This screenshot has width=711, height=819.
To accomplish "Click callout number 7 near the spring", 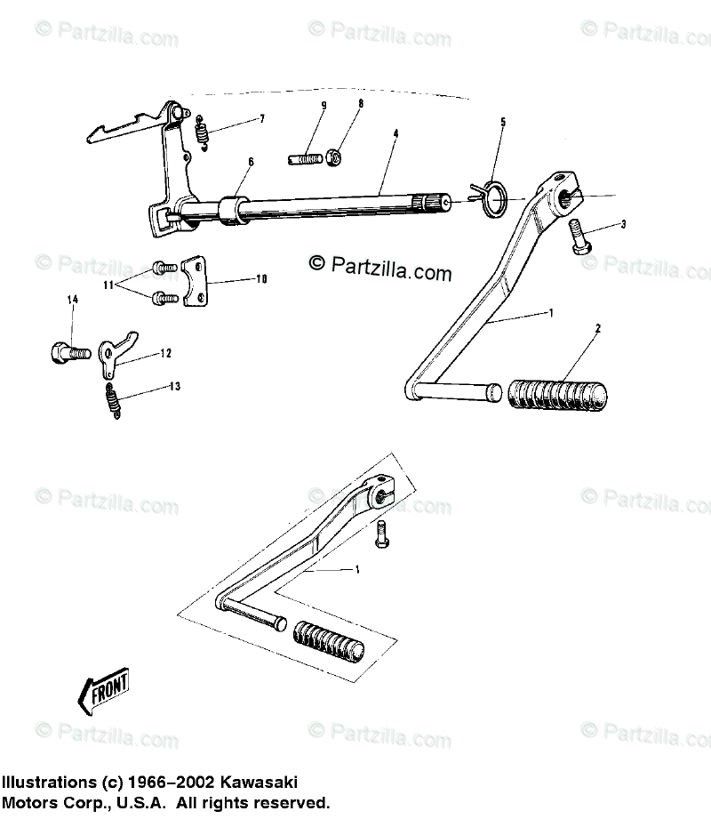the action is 237,118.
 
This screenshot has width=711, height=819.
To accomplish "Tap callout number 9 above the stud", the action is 324,105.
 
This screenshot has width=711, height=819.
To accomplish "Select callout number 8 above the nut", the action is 336,103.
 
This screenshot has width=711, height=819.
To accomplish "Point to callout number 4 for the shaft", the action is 395,134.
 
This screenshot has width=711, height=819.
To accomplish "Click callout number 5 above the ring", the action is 502,122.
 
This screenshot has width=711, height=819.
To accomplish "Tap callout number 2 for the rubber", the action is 598,329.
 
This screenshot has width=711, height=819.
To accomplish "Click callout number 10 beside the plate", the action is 261,279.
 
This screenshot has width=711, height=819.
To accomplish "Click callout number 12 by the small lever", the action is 166,353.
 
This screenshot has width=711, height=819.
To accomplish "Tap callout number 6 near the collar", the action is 251,162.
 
